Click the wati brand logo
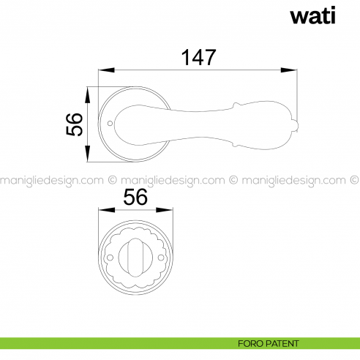pyautogui.click(x=315, y=16)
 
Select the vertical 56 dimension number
pyautogui.click(x=74, y=125)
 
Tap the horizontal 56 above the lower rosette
pyautogui.click(x=135, y=198)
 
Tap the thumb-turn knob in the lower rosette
pyautogui.click(x=138, y=258)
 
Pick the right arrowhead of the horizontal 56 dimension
pyautogui.click(x=171, y=211)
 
